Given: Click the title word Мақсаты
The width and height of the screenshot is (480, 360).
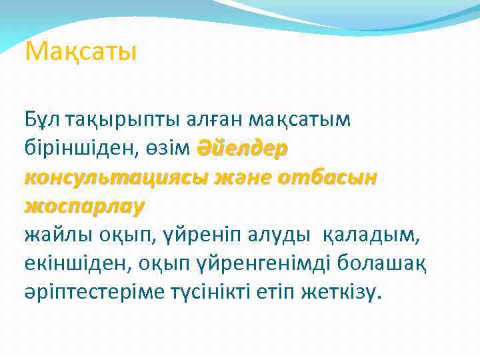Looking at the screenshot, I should click(80, 51).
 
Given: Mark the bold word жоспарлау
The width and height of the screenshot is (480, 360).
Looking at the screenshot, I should click(83, 207).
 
